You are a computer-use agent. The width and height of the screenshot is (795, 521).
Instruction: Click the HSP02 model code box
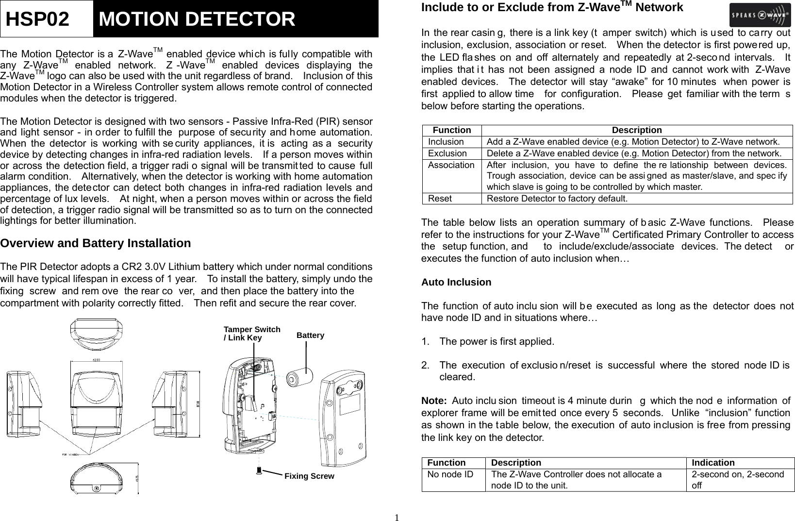tap(47, 19)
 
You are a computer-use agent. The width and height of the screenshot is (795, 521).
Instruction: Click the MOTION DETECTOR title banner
tap(235, 19)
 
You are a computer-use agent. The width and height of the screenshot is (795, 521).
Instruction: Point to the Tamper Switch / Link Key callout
tap(251, 333)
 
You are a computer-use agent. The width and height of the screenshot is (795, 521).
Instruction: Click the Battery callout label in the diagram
tap(310, 336)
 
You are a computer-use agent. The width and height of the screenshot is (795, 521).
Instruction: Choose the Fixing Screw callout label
tap(309, 476)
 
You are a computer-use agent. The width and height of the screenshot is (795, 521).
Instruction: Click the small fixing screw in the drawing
tap(259, 470)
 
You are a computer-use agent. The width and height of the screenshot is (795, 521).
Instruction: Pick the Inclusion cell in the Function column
tap(446, 142)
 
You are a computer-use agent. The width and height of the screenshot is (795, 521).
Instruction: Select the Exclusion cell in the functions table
tap(447, 153)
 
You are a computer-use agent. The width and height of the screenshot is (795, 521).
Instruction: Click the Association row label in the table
tap(451, 165)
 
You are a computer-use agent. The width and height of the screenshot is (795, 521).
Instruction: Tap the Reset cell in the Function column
tap(440, 199)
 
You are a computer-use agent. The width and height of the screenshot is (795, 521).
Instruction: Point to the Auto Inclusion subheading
tap(456, 283)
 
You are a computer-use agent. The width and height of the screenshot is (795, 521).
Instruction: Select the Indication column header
tap(713, 463)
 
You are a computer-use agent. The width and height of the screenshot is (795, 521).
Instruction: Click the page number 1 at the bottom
tap(397, 517)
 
